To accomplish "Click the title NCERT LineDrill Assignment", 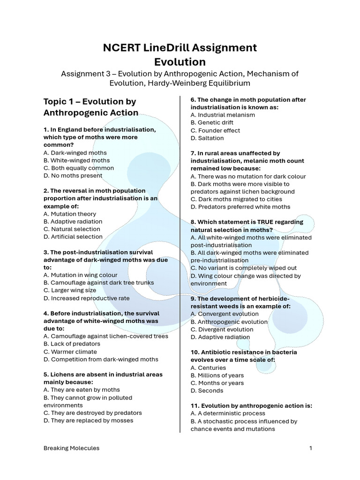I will coord(180,47).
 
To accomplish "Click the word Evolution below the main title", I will coord(180,62).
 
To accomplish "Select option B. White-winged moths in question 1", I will coord(76,160).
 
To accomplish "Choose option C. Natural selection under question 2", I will coord(73,229).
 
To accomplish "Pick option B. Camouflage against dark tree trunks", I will coord(98,283).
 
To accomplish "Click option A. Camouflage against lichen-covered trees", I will coord(105,336).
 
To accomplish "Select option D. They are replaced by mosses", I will coord(88,420).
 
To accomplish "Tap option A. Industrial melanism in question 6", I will coord(223,115).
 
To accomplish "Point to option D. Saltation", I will coord(207,138).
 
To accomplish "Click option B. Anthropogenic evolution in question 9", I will coord(229,322).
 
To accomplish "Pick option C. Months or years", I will coord(217,383).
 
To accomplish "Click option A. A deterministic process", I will coord(228,413).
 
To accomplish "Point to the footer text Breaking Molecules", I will coord(71,448).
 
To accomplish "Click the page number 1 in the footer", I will coord(310,448).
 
